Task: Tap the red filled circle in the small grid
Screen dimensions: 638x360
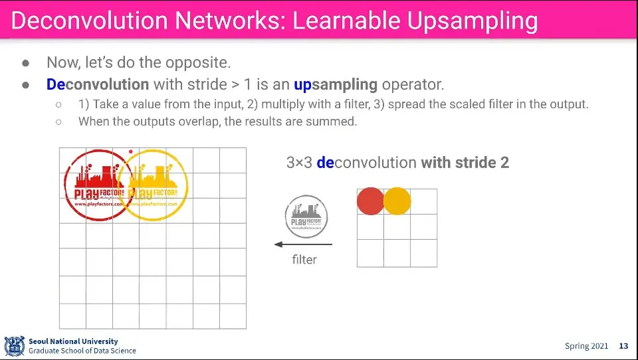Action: pos(371,201)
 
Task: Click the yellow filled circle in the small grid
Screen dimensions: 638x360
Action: pos(397,201)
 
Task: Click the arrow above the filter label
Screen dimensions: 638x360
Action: pos(303,244)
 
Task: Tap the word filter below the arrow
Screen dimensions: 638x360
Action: pos(304,260)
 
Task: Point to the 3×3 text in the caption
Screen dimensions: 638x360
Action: pos(299,163)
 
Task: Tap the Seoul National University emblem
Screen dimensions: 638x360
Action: pos(15,346)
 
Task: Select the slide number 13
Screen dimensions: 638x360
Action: pos(623,346)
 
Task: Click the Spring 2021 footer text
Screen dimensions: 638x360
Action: pos(586,346)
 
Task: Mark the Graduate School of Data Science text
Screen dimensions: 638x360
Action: pos(82,351)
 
